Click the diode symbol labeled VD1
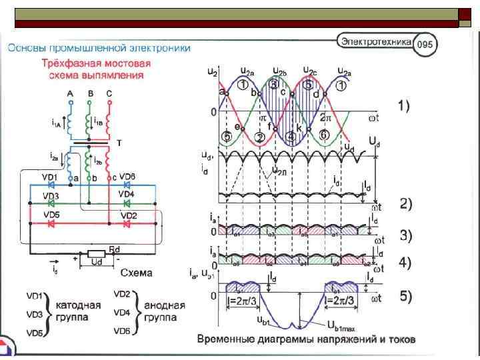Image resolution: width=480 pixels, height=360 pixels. (x=49, y=185)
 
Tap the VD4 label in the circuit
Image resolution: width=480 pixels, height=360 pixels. (x=127, y=194)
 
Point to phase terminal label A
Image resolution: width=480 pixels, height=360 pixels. (x=70, y=94)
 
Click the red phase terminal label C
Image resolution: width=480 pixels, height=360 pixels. (x=109, y=94)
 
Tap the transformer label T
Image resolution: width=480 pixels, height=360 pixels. (x=118, y=143)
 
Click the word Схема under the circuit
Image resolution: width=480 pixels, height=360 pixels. (x=136, y=273)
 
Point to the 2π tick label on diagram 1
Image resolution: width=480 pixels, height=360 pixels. (x=325, y=117)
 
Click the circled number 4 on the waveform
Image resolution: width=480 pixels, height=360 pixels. (x=291, y=136)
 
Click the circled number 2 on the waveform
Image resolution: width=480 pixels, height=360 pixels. (x=259, y=137)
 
